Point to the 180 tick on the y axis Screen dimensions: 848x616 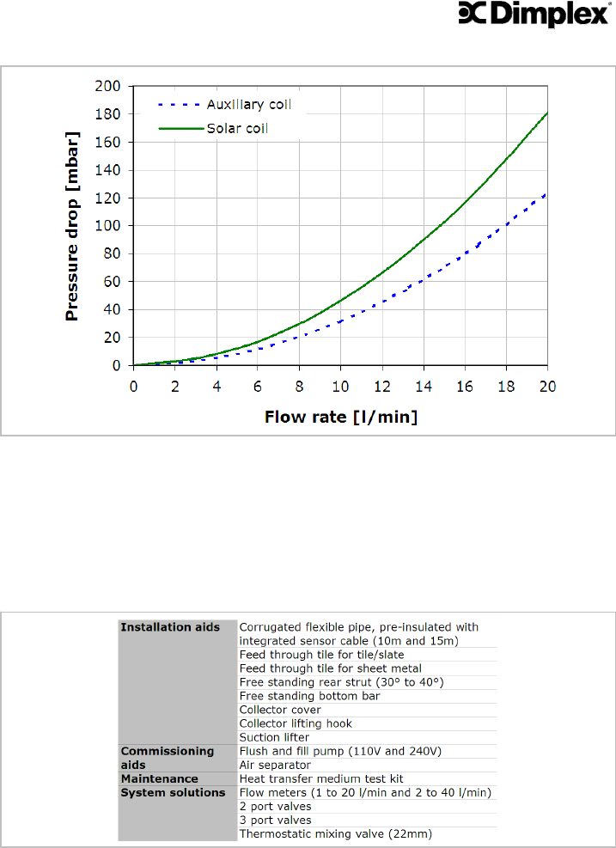pos(110,114)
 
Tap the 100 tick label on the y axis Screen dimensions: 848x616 pos(110,226)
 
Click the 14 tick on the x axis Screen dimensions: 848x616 pos(424,386)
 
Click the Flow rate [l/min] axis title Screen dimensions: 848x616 pos(340,418)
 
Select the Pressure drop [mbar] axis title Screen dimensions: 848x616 pos(72,226)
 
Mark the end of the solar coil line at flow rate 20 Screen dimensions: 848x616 pos(547,113)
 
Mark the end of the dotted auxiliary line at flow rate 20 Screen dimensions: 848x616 pos(547,194)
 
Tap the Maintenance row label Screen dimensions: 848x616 pos(159,778)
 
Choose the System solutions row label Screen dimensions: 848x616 pos(172,792)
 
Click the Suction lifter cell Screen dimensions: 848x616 pos(274,737)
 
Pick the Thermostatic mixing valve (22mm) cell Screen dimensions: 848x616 pos(335,833)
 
